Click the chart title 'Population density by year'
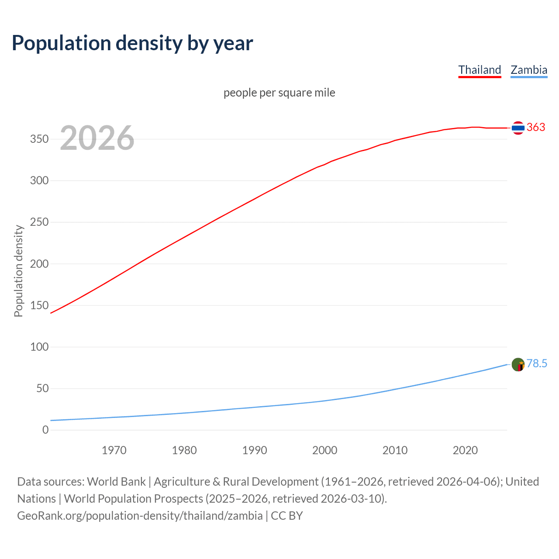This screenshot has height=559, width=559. click(132, 43)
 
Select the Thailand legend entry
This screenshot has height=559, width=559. click(480, 70)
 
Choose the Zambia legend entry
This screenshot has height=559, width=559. click(529, 70)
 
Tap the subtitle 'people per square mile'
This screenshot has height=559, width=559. click(279, 93)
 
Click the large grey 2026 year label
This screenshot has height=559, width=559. click(97, 138)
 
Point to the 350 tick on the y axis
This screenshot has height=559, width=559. click(39, 139)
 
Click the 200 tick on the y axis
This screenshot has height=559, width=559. click(39, 264)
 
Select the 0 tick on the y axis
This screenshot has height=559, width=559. click(45, 430)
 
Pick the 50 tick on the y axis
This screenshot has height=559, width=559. click(42, 389)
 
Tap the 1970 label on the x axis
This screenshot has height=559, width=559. click(114, 450)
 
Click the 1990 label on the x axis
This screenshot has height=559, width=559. click(255, 450)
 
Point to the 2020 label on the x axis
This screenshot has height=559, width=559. click(465, 450)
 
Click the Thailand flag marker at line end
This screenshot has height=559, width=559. click(518, 128)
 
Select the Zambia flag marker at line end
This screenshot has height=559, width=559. click(518, 364)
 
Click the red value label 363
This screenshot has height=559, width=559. click(536, 127)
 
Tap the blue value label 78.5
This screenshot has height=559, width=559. click(537, 364)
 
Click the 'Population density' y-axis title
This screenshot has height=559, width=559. click(18, 271)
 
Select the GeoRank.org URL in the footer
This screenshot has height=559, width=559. click(140, 516)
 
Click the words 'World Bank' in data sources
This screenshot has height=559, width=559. click(116, 482)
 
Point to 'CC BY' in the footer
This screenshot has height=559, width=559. click(287, 516)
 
